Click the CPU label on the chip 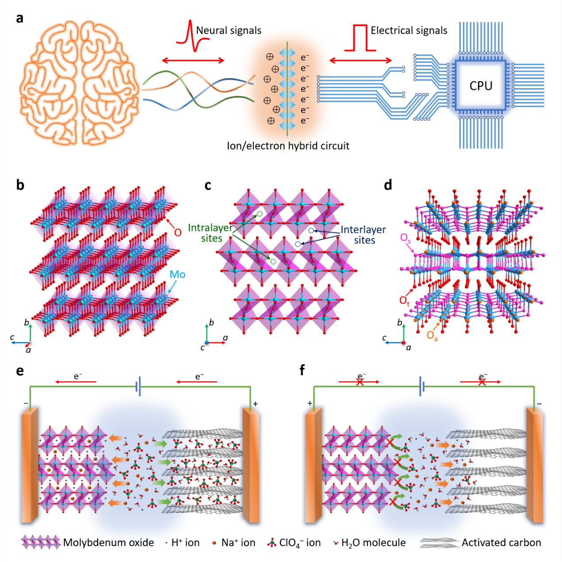(x=481, y=85)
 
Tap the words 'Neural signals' (x=229, y=31)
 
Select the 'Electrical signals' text (x=409, y=31)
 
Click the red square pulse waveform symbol (x=360, y=38)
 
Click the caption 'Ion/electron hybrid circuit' (x=288, y=146)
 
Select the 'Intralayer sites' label (x=210, y=233)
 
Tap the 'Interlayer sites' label (x=364, y=235)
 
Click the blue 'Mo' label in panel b (x=177, y=275)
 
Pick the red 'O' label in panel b (x=178, y=233)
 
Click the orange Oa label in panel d (x=432, y=336)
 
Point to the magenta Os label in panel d (x=405, y=238)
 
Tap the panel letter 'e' (x=20, y=370)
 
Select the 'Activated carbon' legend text (x=501, y=543)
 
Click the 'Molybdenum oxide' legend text (x=109, y=543)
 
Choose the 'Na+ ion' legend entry (x=238, y=543)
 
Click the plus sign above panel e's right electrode (x=256, y=404)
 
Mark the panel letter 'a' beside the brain (x=19, y=19)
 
